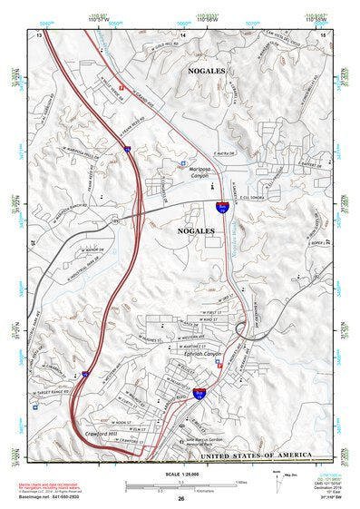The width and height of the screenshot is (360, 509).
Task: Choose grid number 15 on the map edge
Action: (324, 34)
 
